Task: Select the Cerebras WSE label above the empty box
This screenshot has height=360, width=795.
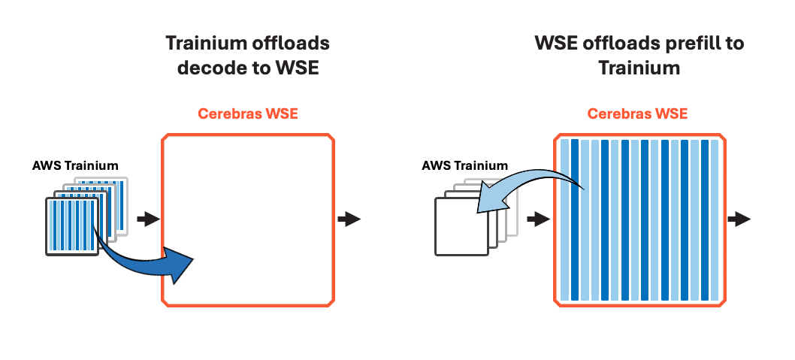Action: pos(248,114)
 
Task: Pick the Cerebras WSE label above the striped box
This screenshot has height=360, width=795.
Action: pos(637,114)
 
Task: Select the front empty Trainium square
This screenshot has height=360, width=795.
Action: pos(461,225)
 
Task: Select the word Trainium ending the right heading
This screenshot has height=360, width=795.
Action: pos(639,68)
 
